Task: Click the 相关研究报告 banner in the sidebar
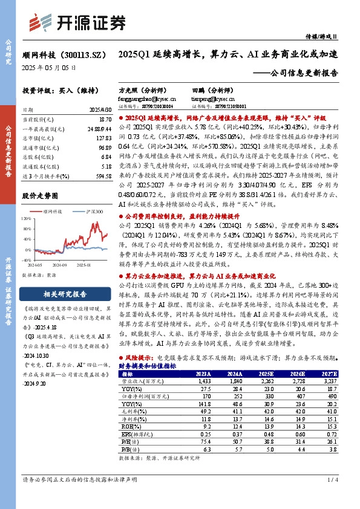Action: point(64,294)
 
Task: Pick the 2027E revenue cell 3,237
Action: point(333,382)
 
